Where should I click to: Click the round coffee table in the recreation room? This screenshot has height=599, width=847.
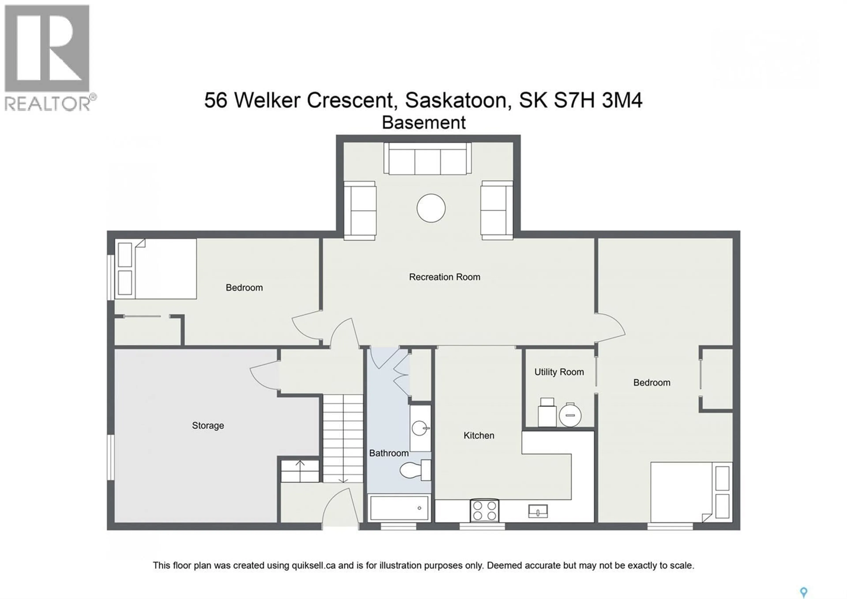coord(431,208)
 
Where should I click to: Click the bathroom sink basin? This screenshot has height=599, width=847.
coord(420,428)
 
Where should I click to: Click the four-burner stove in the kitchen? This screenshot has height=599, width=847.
coord(484,510)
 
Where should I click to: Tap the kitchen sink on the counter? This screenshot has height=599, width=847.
coord(538,512)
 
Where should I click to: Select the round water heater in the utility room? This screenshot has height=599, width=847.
coord(570,415)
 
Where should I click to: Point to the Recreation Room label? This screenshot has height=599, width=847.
coord(444,277)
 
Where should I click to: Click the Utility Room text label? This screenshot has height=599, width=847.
coord(559,372)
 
